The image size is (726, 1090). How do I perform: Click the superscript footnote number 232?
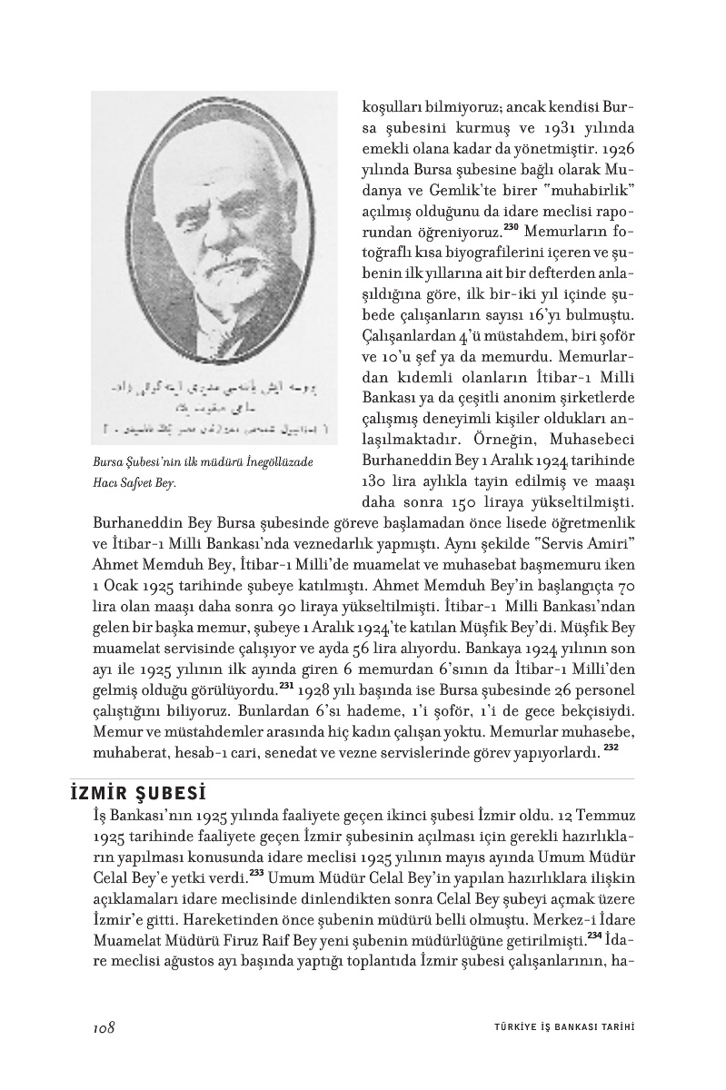click(611, 747)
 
